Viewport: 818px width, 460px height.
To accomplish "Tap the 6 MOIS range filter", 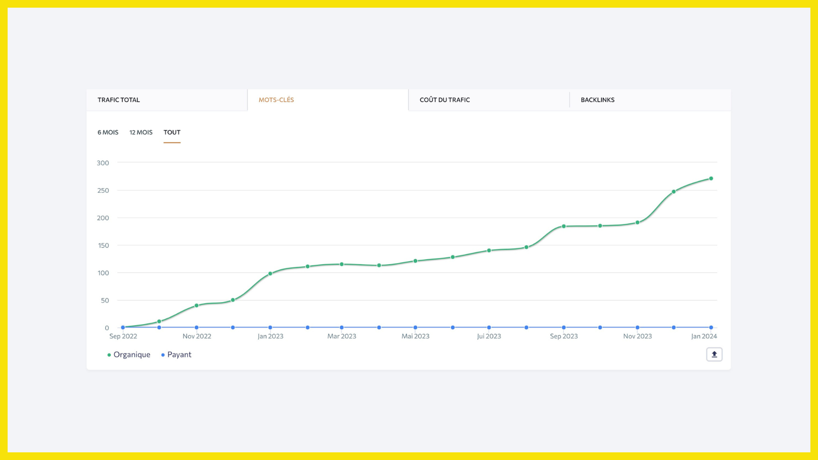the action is pos(108,132).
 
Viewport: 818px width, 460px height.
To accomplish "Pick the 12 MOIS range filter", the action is pos(141,132).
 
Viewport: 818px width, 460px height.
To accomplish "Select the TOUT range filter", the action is pos(172,132).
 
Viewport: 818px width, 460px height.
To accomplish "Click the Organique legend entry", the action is pos(128,355).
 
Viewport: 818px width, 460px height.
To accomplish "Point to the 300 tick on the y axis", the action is pos(103,163).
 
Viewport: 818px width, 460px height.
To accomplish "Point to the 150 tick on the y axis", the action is pos(103,245).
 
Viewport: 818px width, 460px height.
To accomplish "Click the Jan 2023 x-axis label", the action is pos(270,336).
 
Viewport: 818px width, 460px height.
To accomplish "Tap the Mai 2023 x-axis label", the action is pos(415,336).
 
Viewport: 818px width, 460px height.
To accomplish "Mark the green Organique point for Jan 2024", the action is pos(711,178).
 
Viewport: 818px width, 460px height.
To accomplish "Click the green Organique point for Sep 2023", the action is pos(564,226).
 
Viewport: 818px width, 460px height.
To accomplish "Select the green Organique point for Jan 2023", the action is pos(270,273).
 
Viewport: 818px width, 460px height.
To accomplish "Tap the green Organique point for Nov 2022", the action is pos(196,306).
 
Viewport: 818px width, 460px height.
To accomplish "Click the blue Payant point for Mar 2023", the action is pos(342,328).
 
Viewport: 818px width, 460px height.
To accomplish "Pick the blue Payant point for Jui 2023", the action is pos(489,328).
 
